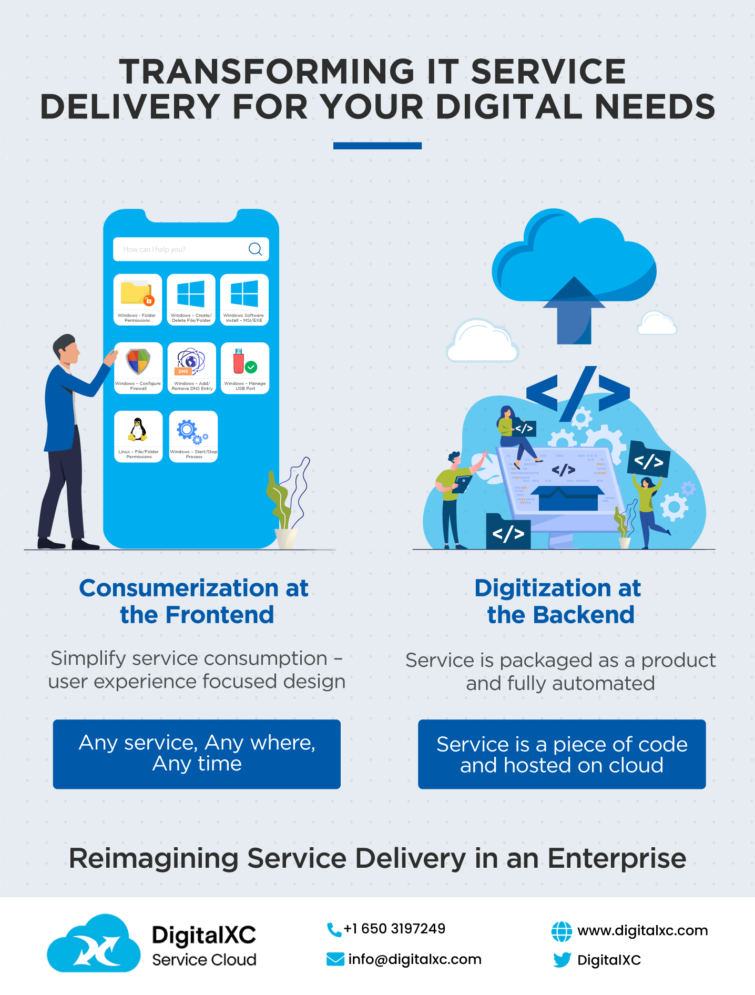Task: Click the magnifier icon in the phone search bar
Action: pyautogui.click(x=255, y=249)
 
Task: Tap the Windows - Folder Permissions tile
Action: pyautogui.click(x=138, y=299)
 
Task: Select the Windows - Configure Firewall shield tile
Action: pyautogui.click(x=138, y=368)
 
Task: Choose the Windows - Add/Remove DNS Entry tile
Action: pyautogui.click(x=191, y=368)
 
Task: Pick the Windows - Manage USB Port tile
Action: pyautogui.click(x=245, y=368)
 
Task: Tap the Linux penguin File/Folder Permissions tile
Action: pyautogui.click(x=138, y=436)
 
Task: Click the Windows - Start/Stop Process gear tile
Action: pyautogui.click(x=193, y=436)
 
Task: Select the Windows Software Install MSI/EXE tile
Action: pyautogui.click(x=244, y=299)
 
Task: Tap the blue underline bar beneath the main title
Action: pyautogui.click(x=377, y=146)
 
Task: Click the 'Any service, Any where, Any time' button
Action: pyautogui.click(x=197, y=754)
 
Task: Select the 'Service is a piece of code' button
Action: pyautogui.click(x=562, y=754)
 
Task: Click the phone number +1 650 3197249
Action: pyautogui.click(x=394, y=929)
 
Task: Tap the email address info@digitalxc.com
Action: pyautogui.click(x=414, y=959)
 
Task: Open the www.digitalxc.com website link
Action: pyautogui.click(x=642, y=930)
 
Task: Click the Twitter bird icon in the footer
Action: pyautogui.click(x=562, y=960)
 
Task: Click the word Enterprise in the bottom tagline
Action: pyautogui.click(x=616, y=858)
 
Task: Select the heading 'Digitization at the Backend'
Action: pyautogui.click(x=559, y=601)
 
